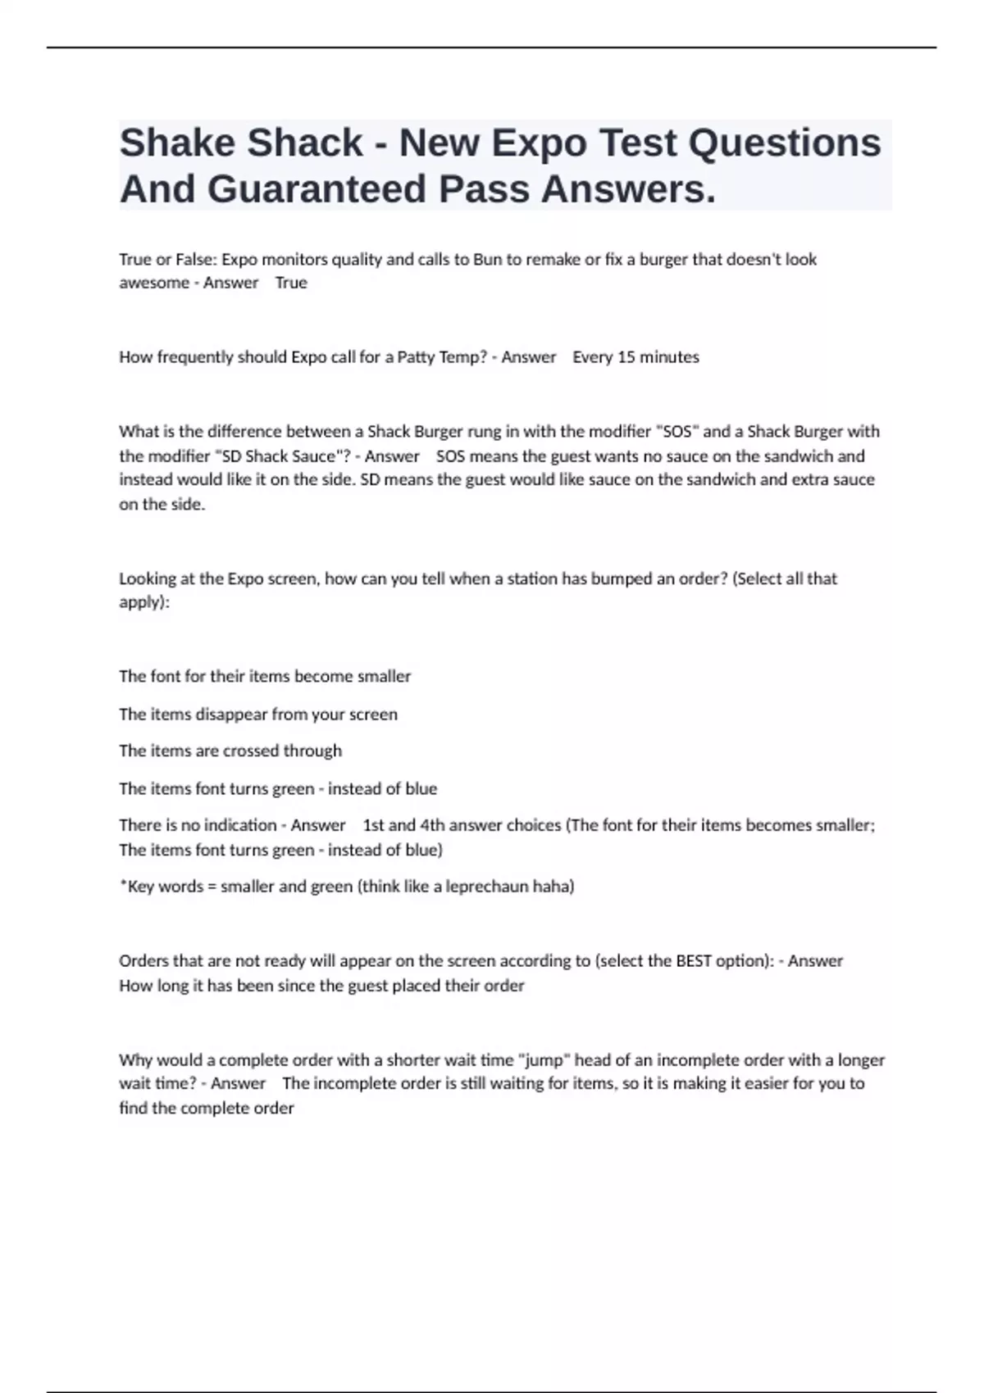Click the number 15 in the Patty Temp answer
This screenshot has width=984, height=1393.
[x=625, y=357]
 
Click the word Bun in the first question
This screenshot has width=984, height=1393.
[x=487, y=260]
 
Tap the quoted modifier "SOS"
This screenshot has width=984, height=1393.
[x=676, y=432]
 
